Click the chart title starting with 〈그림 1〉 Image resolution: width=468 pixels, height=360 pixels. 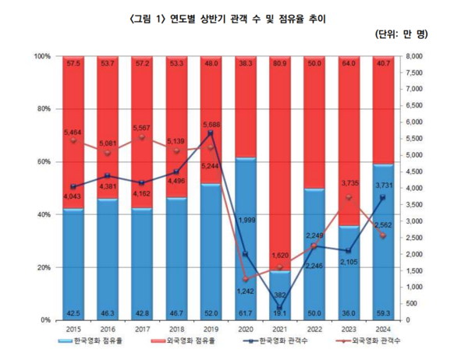point(235,18)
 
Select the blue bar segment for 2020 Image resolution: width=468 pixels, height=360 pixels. point(246,238)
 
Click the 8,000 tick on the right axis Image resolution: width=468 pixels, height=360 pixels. point(416,56)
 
